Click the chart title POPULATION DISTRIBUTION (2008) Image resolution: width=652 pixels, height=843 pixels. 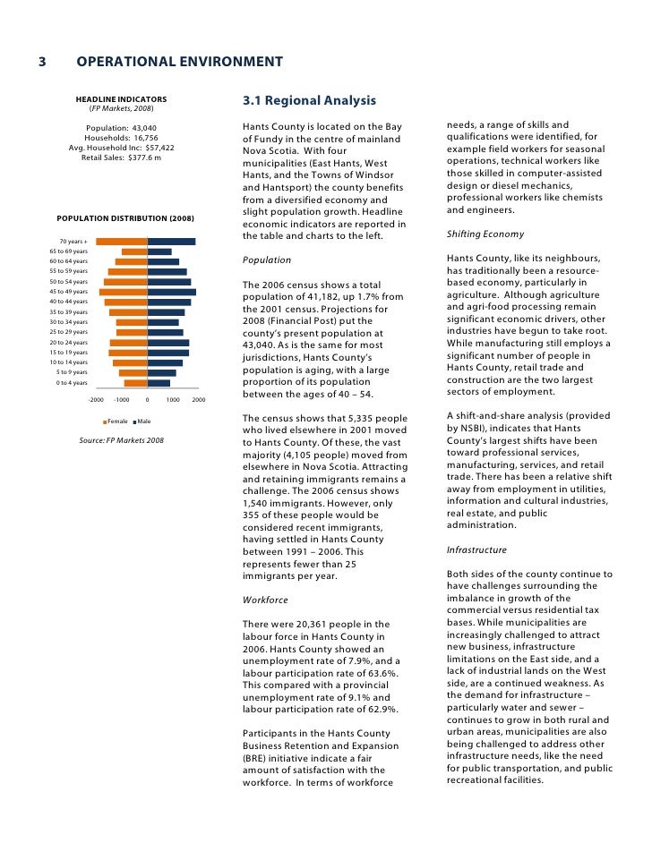point(125,218)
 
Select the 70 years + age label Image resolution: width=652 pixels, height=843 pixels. point(73,242)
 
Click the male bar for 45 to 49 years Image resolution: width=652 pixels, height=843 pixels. point(171,292)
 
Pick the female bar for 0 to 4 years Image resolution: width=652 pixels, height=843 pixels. point(135,383)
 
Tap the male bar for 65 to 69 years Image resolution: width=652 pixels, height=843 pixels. point(159,251)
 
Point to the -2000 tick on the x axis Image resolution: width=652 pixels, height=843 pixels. point(97,400)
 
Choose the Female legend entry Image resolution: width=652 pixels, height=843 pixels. point(116,421)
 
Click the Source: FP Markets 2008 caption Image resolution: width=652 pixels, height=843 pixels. point(121,440)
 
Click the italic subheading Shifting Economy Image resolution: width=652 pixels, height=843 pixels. point(485,234)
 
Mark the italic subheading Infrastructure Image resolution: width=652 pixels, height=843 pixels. point(476,550)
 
